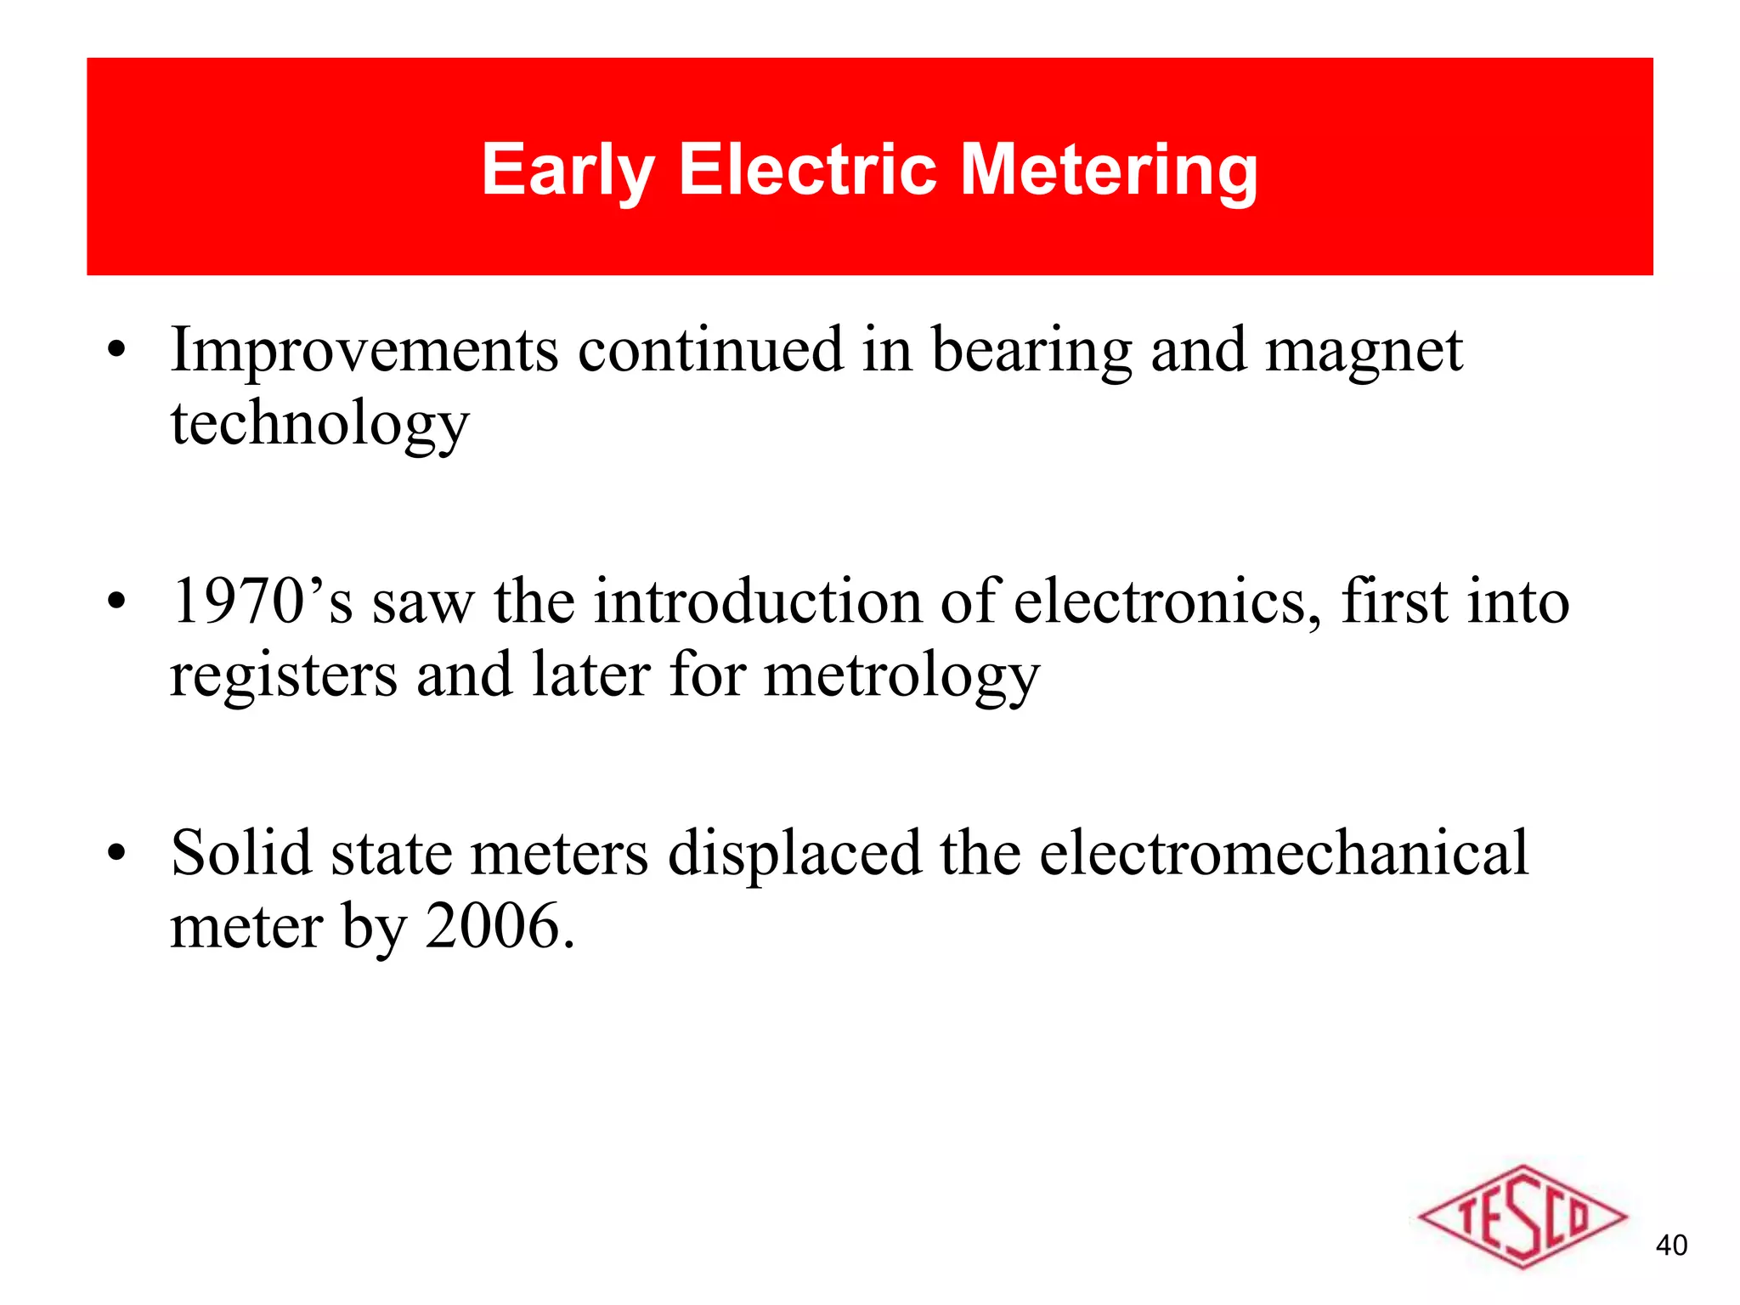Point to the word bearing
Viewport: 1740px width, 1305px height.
click(x=1031, y=352)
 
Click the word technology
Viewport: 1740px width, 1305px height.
click(x=319, y=425)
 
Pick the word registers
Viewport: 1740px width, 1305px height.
click(x=284, y=676)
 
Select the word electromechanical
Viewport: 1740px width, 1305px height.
click(x=1284, y=853)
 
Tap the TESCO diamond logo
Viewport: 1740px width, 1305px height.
click(x=1522, y=1217)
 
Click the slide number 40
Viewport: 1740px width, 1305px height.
click(x=1671, y=1246)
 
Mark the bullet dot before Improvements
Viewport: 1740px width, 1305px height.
click(x=116, y=352)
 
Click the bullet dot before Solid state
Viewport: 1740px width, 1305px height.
click(x=116, y=854)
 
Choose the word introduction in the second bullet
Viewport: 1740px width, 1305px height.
click(x=756, y=602)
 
